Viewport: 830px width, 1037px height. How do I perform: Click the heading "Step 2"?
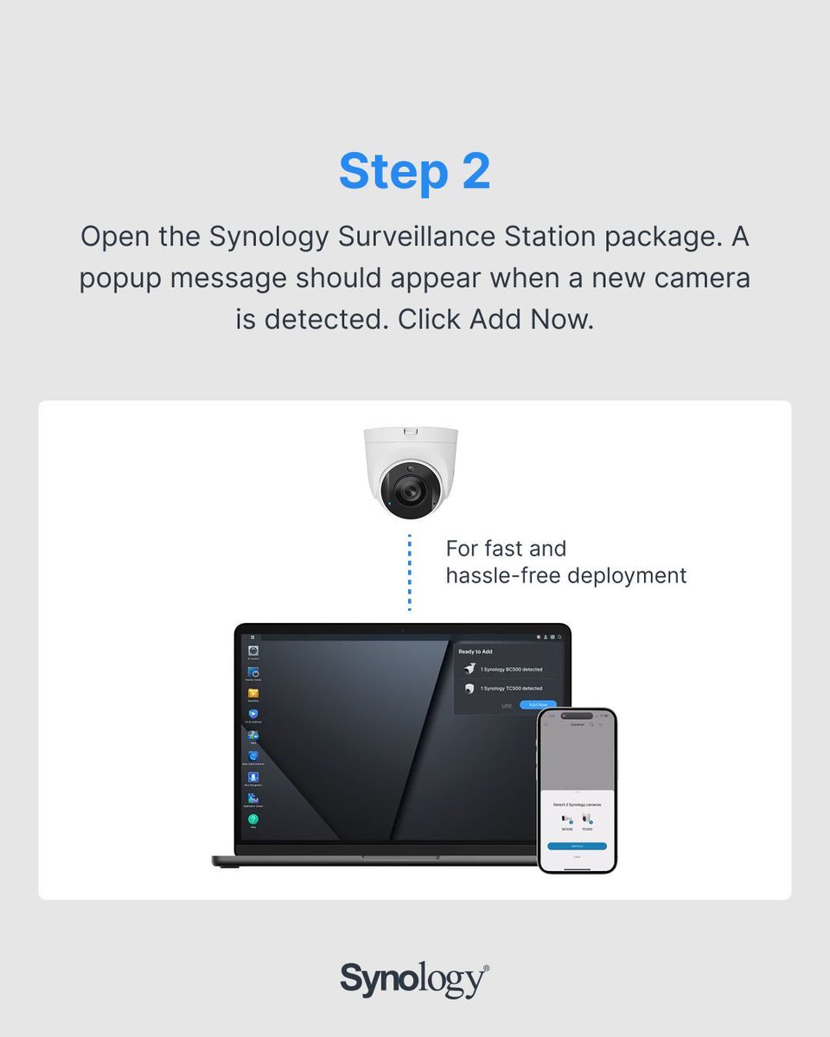pos(414,171)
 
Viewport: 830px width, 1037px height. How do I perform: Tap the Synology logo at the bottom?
pos(414,980)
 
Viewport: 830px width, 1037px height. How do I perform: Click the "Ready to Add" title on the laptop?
pos(476,652)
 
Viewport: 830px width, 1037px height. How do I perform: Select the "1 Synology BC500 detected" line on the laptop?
pos(511,670)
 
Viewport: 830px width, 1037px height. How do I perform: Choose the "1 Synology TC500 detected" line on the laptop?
pos(511,689)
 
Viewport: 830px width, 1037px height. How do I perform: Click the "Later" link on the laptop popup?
pos(507,705)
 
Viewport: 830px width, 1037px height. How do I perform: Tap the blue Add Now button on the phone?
pos(577,846)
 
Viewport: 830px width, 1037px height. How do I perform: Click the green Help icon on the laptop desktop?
pos(253,819)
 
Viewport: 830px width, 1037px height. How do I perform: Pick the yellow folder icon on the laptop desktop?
pos(253,693)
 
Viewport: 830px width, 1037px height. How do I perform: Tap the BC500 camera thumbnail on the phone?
pos(566,818)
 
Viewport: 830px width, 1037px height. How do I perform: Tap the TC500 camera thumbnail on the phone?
pos(587,818)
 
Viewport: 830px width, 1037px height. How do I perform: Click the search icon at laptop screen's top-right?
pos(560,637)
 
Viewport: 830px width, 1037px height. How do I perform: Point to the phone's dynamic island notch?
pos(577,716)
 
